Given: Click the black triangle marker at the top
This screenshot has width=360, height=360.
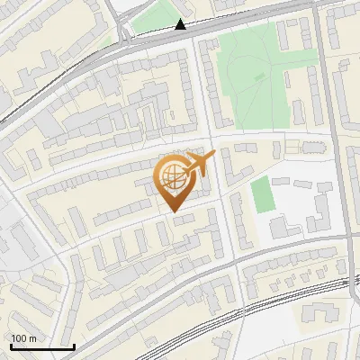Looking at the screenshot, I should [x=181, y=24].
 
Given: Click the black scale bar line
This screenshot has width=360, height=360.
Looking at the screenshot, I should [x=41, y=346].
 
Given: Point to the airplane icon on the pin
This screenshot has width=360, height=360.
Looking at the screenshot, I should [x=200, y=165].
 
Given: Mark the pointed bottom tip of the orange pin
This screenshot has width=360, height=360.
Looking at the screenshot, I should [x=173, y=211].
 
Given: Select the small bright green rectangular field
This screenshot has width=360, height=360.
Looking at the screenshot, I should [x=261, y=195].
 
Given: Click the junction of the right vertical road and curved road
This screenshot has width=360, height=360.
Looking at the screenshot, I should [x=346, y=237].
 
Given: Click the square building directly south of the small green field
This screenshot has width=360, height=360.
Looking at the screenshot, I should [x=281, y=227].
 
